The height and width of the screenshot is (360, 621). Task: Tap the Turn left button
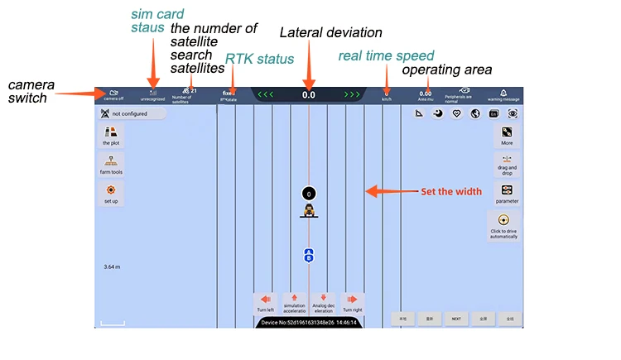265,303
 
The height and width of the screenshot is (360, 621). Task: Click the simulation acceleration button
295,303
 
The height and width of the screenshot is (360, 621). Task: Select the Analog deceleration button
323,303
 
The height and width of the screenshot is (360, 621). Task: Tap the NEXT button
455,317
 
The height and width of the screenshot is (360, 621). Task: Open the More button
507,136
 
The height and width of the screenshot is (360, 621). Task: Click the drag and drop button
507,165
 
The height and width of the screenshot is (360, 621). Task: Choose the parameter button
507,194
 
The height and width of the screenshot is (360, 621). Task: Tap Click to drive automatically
503,225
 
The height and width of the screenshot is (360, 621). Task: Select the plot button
111,137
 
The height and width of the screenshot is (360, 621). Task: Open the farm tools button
111,165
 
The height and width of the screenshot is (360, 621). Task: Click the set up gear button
111,194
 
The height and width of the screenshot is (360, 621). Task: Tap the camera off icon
113,94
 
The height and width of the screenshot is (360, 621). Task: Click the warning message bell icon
503,94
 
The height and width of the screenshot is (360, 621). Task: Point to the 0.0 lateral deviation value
309,95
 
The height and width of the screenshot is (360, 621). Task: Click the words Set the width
451,191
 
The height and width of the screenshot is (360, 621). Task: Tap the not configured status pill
132,113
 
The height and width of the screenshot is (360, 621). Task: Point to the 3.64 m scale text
113,267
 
